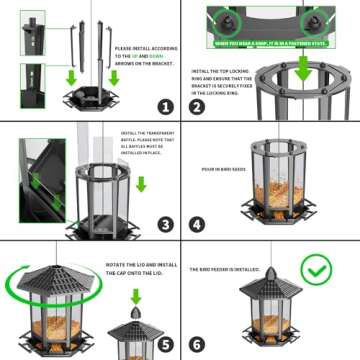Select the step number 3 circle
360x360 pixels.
pos(165,224)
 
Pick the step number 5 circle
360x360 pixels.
pos(165,342)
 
